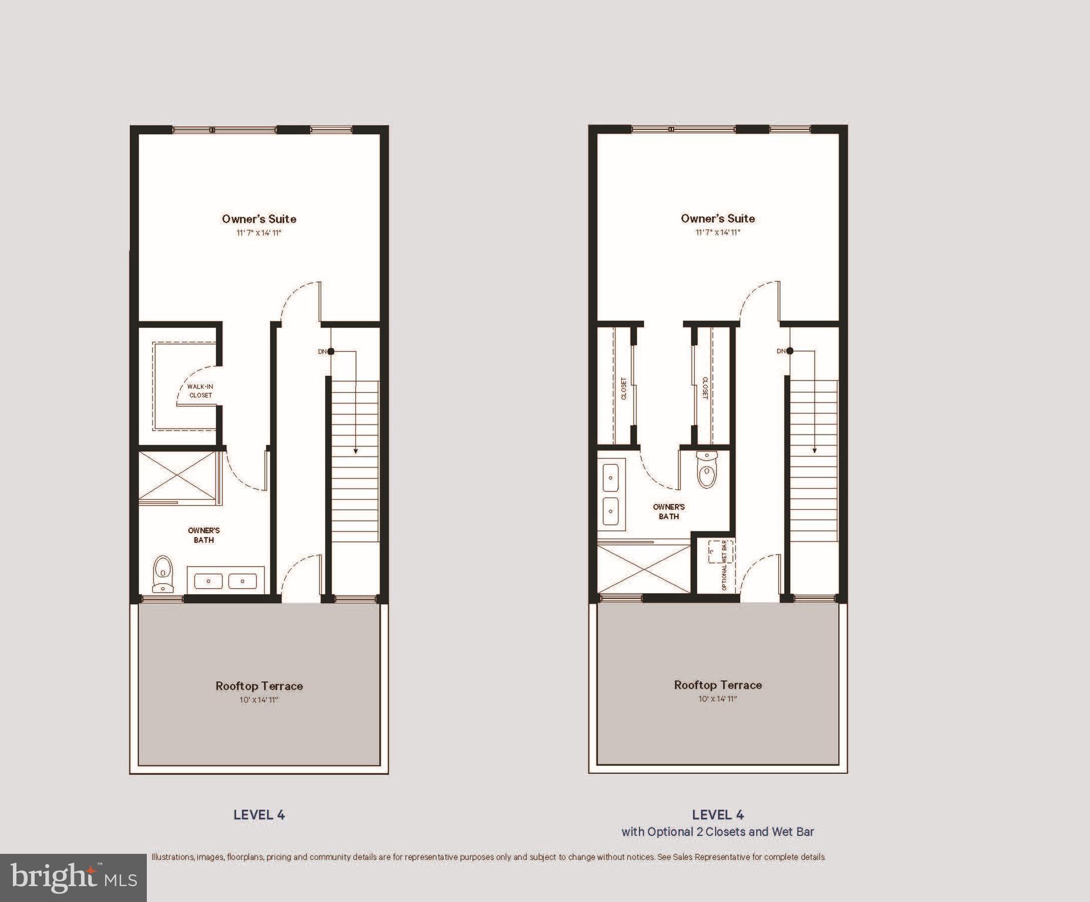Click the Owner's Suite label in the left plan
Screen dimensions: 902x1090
tap(259, 219)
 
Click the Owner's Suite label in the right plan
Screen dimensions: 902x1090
tap(718, 218)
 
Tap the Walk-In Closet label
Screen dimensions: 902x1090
tap(200, 391)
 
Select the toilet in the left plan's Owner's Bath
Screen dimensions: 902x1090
tap(163, 574)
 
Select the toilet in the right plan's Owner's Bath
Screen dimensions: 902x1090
tap(707, 469)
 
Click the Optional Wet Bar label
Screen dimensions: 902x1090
tap(724, 565)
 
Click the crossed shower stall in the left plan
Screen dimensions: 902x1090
tap(177, 475)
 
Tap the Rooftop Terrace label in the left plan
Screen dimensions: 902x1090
tap(259, 686)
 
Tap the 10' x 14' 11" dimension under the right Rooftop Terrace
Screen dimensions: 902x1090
tap(718, 699)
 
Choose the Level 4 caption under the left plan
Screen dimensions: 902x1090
tap(259, 815)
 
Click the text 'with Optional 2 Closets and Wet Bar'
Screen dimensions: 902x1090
tap(718, 832)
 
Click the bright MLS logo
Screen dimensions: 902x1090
tap(73, 877)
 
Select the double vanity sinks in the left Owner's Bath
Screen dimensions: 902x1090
tap(226, 581)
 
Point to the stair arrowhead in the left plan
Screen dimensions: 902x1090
tap(355, 451)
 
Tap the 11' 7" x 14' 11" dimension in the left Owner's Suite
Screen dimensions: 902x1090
tap(259, 233)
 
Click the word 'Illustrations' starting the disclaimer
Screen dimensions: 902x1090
tap(173, 857)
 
